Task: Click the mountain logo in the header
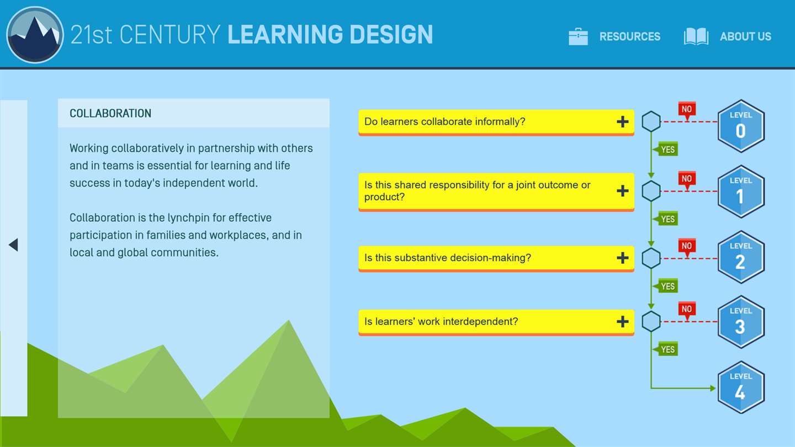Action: click(35, 34)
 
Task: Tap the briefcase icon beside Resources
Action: click(578, 36)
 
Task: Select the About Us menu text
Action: click(746, 36)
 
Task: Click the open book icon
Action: click(696, 36)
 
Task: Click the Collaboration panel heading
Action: click(110, 114)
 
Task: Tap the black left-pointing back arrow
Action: click(13, 245)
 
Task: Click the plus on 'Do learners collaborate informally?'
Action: click(623, 121)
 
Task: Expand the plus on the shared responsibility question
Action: click(623, 191)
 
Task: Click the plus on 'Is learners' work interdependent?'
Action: click(623, 321)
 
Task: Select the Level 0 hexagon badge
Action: click(741, 126)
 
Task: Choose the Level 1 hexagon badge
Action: click(741, 191)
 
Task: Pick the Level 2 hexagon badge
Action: click(741, 257)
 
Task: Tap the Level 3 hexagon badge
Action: click(741, 322)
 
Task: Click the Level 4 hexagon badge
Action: click(741, 387)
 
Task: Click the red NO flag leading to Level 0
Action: click(687, 110)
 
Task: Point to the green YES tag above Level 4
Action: click(666, 349)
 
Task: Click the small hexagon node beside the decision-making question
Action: click(651, 258)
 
